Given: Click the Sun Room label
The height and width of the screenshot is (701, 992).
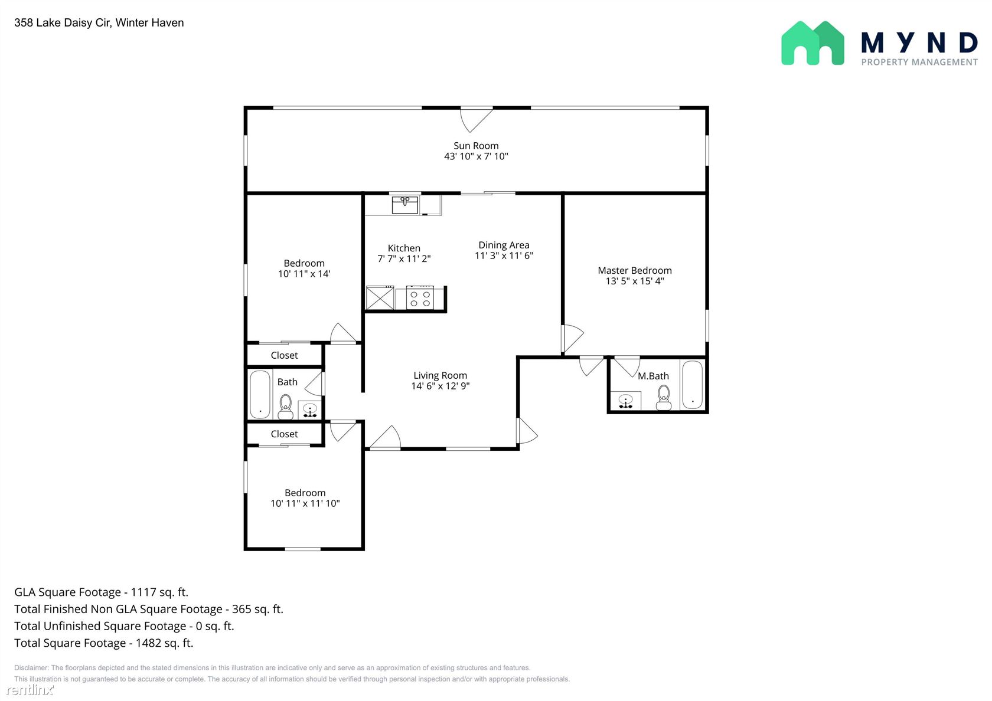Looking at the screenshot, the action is point(476,146).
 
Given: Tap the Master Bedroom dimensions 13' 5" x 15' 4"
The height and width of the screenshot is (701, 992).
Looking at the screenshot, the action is point(635,281).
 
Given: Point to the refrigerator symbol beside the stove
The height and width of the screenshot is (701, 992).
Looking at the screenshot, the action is point(380,297).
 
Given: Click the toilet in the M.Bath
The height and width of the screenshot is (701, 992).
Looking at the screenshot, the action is point(664,398).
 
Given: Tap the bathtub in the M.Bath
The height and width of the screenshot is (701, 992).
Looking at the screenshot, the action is point(692,384).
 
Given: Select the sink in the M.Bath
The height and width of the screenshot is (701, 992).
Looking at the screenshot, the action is point(625,401).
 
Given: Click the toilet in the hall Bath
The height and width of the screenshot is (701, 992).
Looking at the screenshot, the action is point(286,406).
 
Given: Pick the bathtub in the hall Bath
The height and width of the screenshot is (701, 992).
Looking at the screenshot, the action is point(260,394).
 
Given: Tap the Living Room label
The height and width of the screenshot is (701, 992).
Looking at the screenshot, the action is point(440,375).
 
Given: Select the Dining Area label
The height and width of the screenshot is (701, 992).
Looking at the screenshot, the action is point(504,245).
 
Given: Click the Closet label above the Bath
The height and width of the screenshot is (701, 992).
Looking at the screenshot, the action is point(285,355).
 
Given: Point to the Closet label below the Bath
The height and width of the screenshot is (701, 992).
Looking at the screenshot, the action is point(285,434).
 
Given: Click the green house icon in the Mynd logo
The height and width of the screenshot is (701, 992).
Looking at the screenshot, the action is point(812,43).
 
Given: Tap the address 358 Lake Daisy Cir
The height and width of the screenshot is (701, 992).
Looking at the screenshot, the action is point(62,22).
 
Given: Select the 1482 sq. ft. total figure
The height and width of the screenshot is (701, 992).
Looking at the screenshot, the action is point(164,643).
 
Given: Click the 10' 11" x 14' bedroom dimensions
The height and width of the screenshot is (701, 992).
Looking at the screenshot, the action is point(304,274).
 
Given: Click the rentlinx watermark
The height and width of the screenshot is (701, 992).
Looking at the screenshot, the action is point(30,689).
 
